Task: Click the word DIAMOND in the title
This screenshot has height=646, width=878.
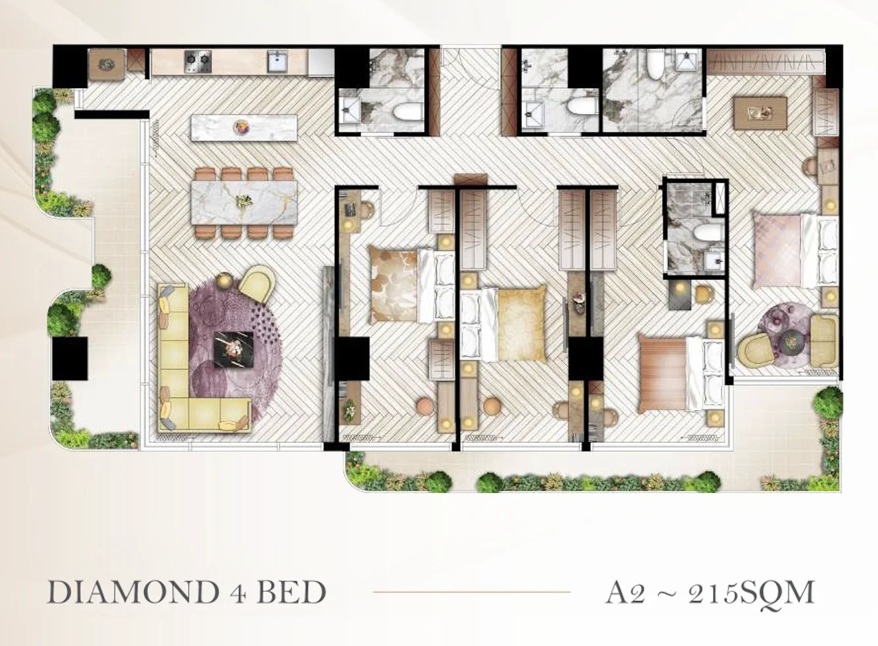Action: tap(132, 592)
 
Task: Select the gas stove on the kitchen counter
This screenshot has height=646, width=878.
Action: tap(197, 62)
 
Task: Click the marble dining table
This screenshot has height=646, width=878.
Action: tap(244, 203)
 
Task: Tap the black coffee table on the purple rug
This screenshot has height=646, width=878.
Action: tap(234, 349)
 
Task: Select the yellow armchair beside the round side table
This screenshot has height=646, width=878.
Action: tap(256, 284)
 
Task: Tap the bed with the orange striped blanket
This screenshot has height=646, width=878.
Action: tap(681, 374)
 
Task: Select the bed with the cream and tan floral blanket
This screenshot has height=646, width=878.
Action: tap(411, 285)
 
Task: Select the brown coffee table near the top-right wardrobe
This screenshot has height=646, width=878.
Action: tap(760, 113)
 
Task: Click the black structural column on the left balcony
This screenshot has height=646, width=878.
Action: tap(70, 358)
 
